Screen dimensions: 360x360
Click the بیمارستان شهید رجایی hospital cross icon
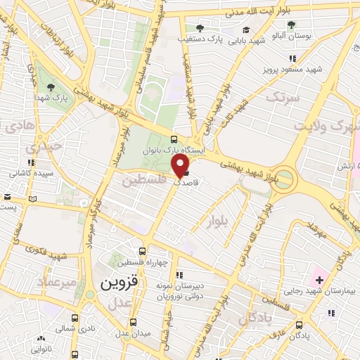[319, 281]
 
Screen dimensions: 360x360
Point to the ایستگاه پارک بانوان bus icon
[173, 139]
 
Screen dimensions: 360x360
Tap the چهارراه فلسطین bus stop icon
[143, 251]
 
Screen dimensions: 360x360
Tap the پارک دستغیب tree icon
[200, 29]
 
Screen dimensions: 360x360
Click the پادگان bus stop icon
[300, 325]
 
